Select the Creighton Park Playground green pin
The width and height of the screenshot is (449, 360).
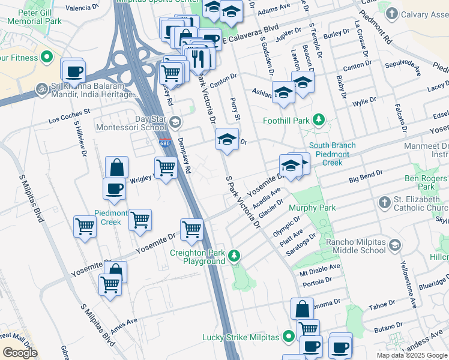[x=235, y=257]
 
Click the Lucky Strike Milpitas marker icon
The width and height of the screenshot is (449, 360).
[x=289, y=337]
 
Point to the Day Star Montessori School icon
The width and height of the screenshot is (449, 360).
[x=175, y=123]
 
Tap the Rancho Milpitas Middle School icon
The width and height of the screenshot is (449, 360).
[x=394, y=244]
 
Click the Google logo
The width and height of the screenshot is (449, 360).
[x=20, y=353]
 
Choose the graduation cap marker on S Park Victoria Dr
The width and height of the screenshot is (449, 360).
[x=227, y=140]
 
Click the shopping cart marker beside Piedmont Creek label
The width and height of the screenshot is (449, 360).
[x=140, y=220]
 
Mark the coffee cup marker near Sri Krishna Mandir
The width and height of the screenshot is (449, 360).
[x=74, y=72]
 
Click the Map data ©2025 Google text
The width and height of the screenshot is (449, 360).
[x=412, y=355]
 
